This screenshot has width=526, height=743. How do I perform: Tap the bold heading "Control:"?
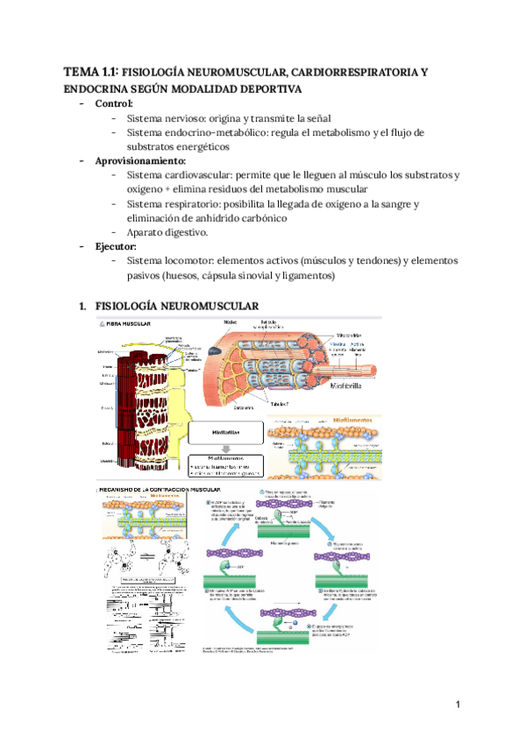click(119, 103)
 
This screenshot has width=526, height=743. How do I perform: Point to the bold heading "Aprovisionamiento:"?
click(141, 160)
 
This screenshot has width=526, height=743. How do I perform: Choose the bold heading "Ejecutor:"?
click(122, 246)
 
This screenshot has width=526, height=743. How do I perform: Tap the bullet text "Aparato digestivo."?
click(167, 232)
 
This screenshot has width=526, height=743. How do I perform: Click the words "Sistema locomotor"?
click(169, 260)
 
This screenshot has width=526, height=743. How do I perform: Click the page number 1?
click(458, 704)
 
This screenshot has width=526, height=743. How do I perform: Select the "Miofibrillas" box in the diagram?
click(224, 432)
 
